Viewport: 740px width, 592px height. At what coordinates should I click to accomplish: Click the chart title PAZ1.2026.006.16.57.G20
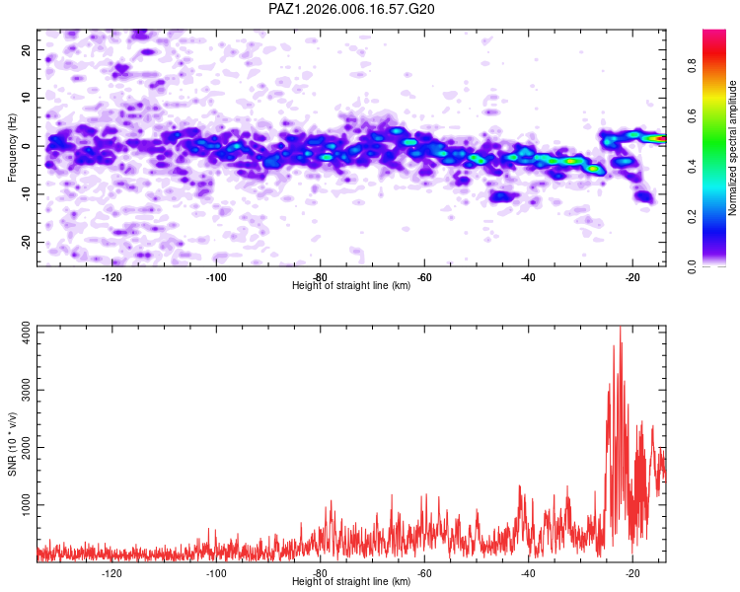tap(351, 9)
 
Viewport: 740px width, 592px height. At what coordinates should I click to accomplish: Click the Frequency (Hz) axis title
tap(12, 148)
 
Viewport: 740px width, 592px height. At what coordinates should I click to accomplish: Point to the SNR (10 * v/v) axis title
tap(12, 444)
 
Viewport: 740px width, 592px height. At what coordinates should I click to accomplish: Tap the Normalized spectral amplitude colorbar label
tap(733, 148)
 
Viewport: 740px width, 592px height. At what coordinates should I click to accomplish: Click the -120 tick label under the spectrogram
tap(111, 276)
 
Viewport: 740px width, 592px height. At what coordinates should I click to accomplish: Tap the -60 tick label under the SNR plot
tap(424, 572)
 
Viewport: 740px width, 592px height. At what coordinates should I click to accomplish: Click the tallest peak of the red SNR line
tap(620, 329)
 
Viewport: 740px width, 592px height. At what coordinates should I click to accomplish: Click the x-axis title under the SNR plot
tap(351, 582)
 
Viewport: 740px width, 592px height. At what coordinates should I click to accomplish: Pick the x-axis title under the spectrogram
tap(351, 285)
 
